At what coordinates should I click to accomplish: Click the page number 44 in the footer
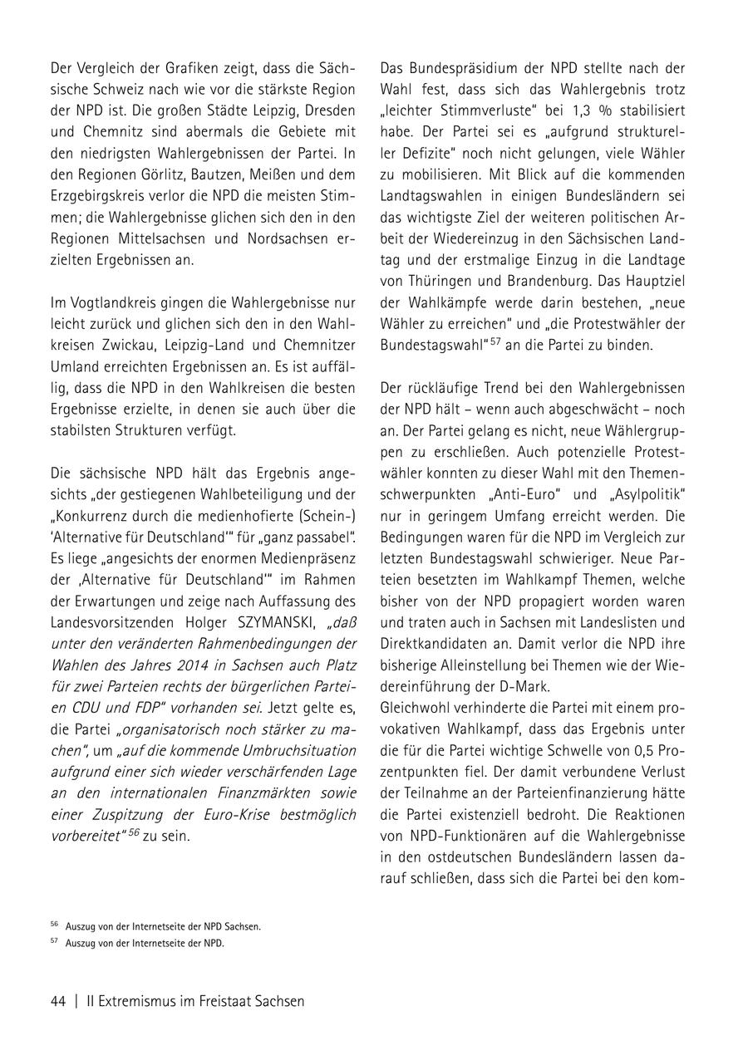click(58, 1001)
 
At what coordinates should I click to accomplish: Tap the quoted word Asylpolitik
click(642, 494)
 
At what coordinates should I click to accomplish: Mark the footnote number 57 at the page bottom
click(55, 943)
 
